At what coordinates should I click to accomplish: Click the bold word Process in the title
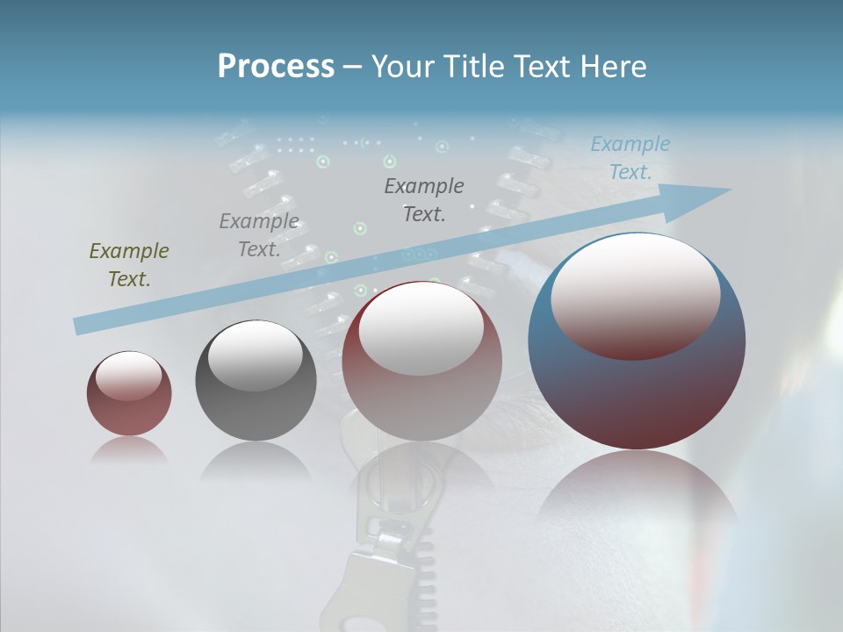pos(276,66)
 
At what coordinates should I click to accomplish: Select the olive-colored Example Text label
pos(129,265)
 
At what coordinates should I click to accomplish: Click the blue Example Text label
pos(630,158)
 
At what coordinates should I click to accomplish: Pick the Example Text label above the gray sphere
pos(259,234)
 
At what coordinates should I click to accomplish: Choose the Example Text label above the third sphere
pos(424,199)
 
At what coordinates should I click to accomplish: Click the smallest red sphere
pos(129,393)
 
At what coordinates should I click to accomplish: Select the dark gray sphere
pos(256,380)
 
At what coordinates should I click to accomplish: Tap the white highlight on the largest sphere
pos(635,294)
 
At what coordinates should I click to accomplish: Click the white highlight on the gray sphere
pos(256,354)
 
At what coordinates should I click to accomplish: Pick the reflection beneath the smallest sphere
pos(129,451)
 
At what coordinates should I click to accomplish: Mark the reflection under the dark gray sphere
pos(256,460)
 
